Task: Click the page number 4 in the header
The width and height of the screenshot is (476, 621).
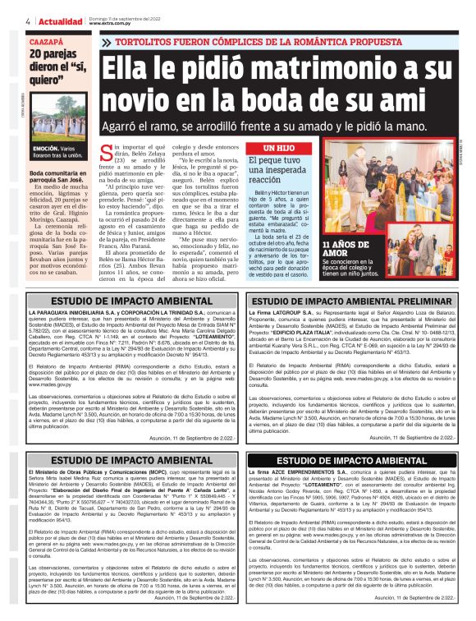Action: [28, 21]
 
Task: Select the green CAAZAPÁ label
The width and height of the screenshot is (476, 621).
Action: [46, 39]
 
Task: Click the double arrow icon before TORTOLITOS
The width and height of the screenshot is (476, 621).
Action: [106, 41]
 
